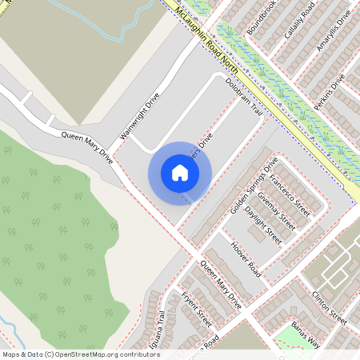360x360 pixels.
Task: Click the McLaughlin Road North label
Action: point(209,36)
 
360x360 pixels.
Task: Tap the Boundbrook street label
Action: point(262,18)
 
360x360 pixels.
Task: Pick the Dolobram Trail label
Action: point(244,98)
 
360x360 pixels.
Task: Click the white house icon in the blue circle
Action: point(180,173)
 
